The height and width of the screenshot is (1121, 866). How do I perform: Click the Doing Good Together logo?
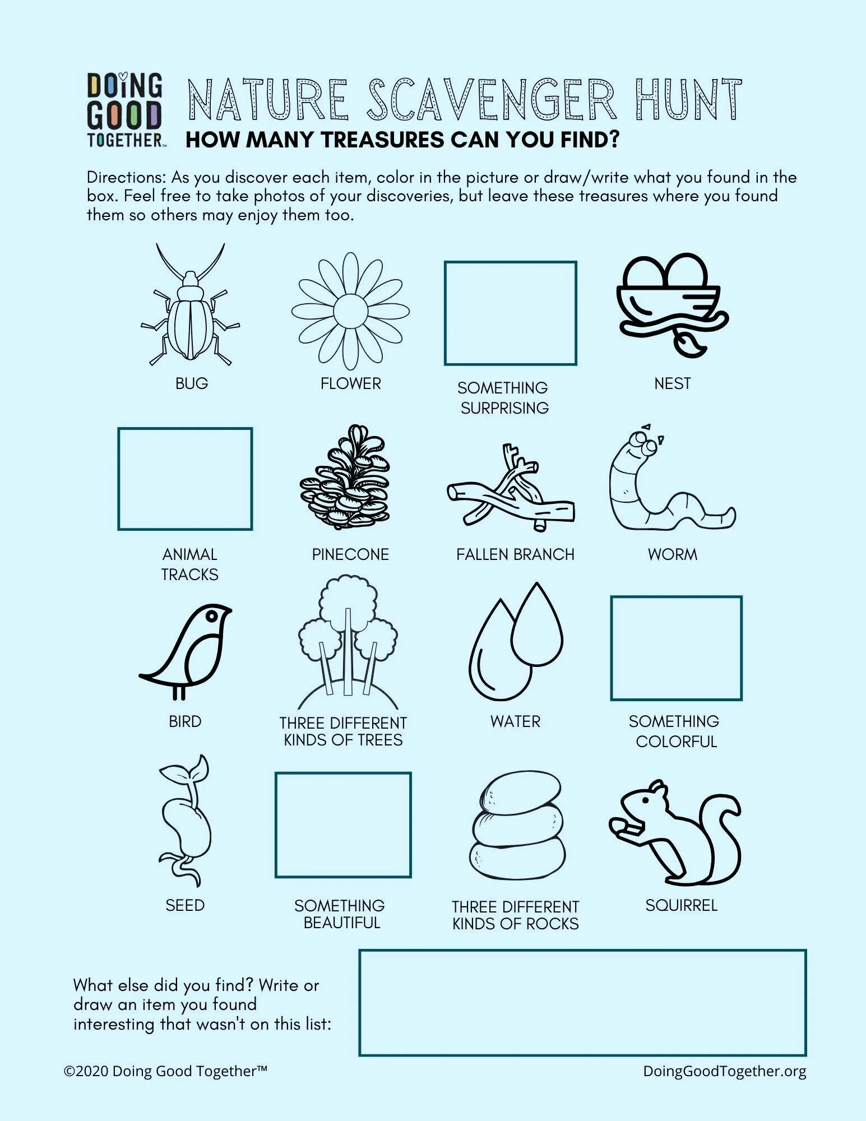pyautogui.click(x=124, y=110)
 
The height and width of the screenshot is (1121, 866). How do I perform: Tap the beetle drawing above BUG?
pyautogui.click(x=190, y=322)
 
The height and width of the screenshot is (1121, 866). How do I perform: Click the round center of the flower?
pyautogui.click(x=350, y=310)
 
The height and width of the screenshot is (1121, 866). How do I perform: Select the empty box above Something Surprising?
pyautogui.click(x=510, y=313)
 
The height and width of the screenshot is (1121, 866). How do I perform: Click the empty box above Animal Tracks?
pyautogui.click(x=185, y=479)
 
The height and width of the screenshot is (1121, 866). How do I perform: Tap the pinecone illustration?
pyautogui.click(x=346, y=479)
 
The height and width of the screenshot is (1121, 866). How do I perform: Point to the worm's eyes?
pyautogui.click(x=645, y=442)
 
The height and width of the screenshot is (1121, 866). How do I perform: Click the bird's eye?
pyautogui.click(x=212, y=615)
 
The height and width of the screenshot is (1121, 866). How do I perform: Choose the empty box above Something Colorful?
pyautogui.click(x=676, y=648)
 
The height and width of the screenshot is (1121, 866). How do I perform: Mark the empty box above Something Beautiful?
pyautogui.click(x=343, y=824)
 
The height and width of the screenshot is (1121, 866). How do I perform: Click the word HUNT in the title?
pyautogui.click(x=688, y=100)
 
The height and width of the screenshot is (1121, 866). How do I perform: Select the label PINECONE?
pyautogui.click(x=350, y=554)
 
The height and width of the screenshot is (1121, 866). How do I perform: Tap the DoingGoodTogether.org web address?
pyautogui.click(x=724, y=1071)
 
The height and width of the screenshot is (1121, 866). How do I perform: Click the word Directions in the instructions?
pyautogui.click(x=126, y=177)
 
